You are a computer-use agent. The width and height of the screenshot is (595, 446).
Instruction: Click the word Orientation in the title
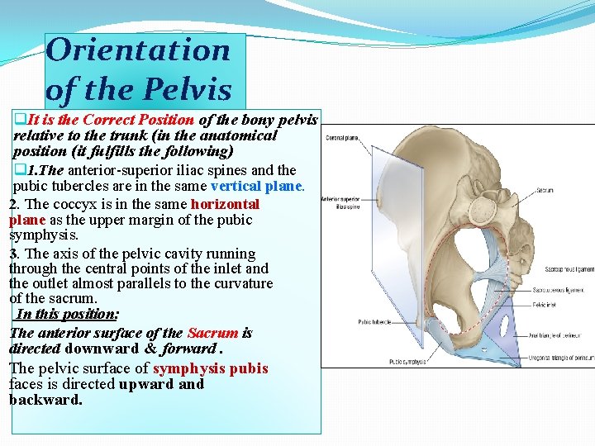138,50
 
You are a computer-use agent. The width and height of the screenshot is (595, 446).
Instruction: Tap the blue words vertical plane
267,186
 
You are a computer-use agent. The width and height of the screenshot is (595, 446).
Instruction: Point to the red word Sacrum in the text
212,334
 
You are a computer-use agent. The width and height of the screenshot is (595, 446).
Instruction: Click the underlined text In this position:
67,314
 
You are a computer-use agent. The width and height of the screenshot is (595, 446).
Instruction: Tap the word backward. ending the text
46,400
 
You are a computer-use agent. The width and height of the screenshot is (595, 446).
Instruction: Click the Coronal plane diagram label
340,138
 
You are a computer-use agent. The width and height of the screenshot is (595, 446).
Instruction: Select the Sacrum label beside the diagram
545,190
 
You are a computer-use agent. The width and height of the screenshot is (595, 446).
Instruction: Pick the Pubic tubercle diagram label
374,322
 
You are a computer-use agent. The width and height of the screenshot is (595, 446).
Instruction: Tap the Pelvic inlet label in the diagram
545,305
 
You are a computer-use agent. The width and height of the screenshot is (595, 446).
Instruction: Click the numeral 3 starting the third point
12,254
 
